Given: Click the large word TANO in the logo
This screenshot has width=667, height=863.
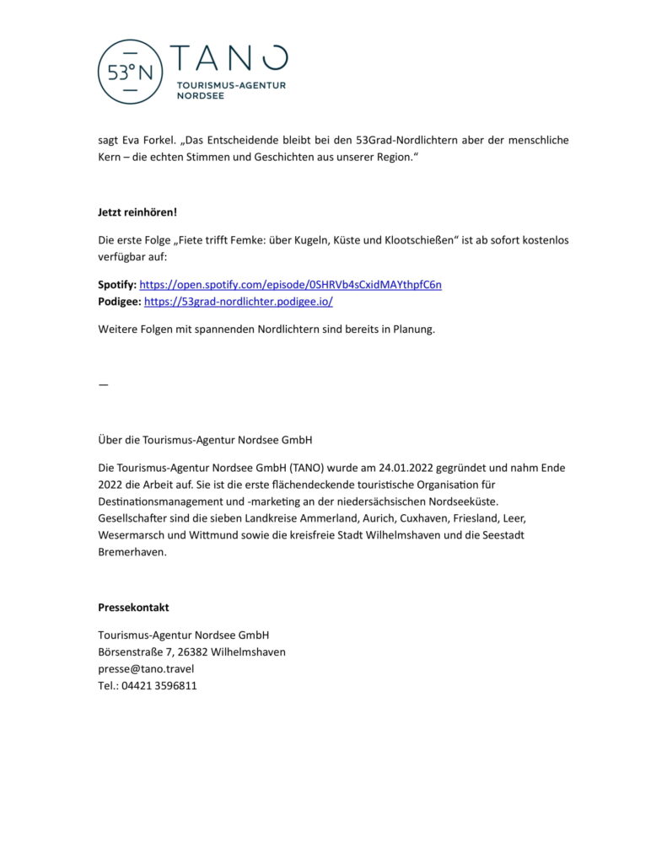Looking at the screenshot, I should coord(229,59).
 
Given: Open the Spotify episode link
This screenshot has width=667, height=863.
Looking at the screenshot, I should coord(290,285).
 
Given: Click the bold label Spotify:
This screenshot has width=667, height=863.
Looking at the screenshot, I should coord(117,285).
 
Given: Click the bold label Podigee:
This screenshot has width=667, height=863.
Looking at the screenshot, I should coord(120,301).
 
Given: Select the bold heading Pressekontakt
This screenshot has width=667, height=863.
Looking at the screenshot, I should coord(133,608).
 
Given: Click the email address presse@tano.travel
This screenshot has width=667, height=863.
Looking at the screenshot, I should coord(146,668).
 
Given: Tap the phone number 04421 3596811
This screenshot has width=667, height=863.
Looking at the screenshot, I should coord(159,685).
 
